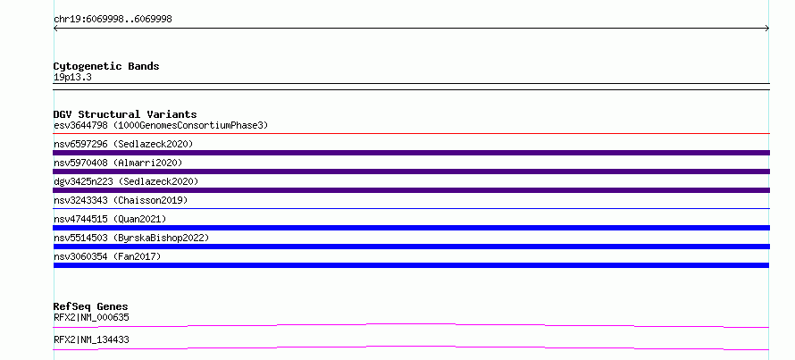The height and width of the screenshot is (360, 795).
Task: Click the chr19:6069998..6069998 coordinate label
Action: (x=113, y=20)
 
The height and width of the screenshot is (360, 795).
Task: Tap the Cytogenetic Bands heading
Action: (x=106, y=66)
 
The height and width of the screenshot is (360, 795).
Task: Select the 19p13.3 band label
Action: (x=72, y=78)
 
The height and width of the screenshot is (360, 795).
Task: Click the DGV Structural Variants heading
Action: (x=125, y=114)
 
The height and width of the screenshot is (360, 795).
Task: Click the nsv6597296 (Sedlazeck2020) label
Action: (x=123, y=144)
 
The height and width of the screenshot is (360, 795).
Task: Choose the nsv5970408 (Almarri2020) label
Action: (x=118, y=163)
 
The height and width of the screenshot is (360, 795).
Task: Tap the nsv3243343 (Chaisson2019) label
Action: (x=121, y=200)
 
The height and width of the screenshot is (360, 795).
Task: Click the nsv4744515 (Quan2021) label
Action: (x=110, y=219)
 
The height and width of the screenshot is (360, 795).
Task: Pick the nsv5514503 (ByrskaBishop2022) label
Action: (x=131, y=238)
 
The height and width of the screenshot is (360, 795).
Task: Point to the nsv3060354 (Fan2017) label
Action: (x=107, y=256)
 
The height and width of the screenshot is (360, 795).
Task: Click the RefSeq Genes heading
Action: (x=91, y=306)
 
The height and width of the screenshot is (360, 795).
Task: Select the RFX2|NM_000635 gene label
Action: (x=91, y=318)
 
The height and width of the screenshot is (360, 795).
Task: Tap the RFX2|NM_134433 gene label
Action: (x=91, y=339)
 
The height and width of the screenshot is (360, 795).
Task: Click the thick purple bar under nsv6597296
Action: (x=411, y=153)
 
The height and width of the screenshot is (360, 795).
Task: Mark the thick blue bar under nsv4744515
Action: (x=411, y=228)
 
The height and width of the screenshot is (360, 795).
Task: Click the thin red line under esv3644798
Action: (x=411, y=134)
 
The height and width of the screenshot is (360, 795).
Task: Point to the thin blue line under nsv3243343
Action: (x=411, y=208)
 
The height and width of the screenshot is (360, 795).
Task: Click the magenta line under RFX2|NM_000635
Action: (x=411, y=324)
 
